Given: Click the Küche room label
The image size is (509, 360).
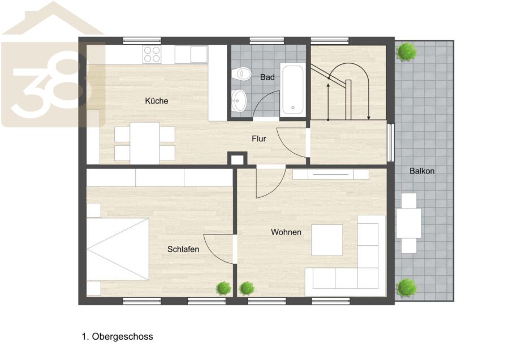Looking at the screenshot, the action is (157, 101).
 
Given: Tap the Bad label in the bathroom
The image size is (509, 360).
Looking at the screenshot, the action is (267, 77).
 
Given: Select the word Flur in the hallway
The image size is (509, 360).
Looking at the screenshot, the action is (258, 139).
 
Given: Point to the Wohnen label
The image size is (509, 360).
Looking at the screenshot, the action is (286, 232).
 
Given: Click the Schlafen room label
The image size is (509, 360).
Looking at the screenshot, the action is (183, 249).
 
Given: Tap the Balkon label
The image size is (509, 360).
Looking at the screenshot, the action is (422, 171).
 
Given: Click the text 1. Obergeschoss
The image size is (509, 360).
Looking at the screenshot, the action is (117, 336).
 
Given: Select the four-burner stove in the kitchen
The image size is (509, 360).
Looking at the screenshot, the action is (152, 54).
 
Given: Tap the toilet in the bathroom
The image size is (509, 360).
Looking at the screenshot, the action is (243, 74).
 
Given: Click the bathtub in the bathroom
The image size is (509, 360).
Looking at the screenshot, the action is (293, 89).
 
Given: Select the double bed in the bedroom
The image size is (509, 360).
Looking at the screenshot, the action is (118, 249).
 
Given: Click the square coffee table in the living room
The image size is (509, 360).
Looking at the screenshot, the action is (327, 240).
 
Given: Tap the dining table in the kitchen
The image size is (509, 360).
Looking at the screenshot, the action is (145, 144).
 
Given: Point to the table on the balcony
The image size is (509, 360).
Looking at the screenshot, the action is (409, 223).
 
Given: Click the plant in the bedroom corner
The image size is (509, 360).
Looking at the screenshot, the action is (223, 288).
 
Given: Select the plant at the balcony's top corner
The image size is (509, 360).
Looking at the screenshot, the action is (406, 51).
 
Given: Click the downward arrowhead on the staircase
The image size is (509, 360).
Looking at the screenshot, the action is (369, 118).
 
